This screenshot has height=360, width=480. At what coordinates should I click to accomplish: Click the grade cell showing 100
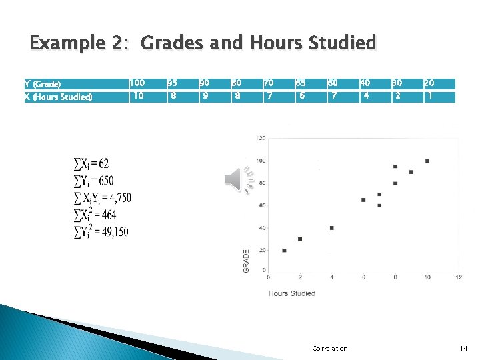(x=137, y=83)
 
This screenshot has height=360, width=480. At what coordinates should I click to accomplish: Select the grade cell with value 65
(x=301, y=83)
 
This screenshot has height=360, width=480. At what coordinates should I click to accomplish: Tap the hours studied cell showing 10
(x=138, y=96)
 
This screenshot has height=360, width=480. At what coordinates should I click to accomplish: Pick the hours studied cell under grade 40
(x=365, y=96)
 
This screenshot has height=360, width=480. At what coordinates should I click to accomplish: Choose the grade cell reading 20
(x=429, y=83)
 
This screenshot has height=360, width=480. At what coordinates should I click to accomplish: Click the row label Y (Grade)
(x=43, y=84)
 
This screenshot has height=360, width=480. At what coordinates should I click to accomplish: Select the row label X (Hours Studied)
(x=58, y=97)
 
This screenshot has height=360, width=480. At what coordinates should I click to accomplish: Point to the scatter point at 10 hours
(x=427, y=161)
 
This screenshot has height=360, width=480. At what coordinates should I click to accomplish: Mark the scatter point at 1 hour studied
(x=284, y=250)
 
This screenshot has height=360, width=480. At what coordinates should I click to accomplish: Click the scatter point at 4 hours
(x=331, y=228)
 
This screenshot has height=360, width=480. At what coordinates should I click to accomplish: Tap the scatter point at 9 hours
(x=411, y=172)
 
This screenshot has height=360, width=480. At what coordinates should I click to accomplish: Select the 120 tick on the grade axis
(x=261, y=138)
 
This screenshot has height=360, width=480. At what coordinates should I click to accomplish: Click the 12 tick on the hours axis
(x=459, y=277)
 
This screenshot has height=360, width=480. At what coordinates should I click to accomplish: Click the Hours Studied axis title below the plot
(x=291, y=293)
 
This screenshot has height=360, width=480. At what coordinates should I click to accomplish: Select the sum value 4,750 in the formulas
(x=120, y=197)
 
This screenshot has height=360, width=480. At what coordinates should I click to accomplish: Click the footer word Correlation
(x=330, y=348)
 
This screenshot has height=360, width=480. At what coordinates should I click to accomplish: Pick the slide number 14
(x=464, y=348)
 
